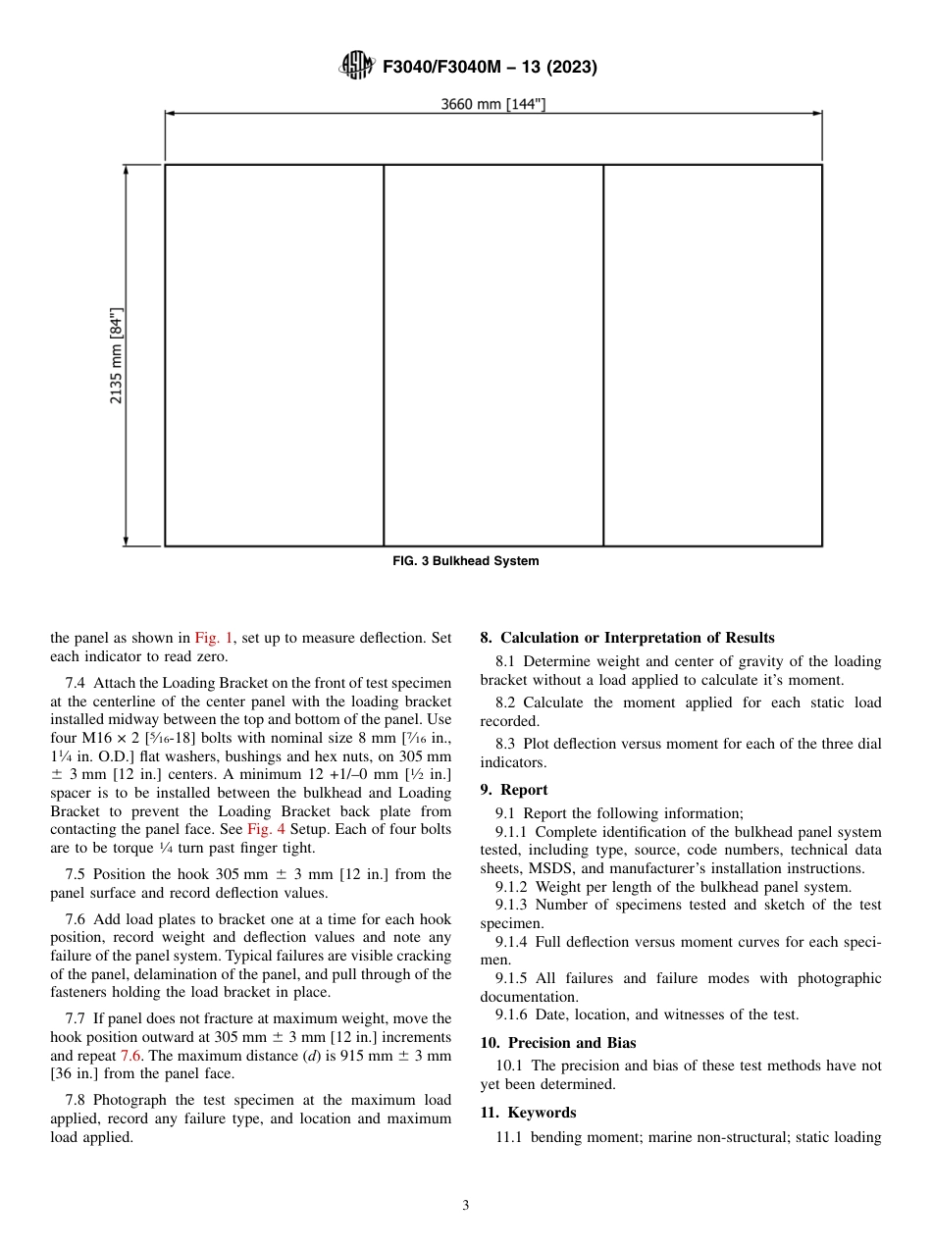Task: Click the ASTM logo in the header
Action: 356,67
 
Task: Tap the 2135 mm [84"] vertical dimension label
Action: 116,355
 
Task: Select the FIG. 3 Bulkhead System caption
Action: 466,561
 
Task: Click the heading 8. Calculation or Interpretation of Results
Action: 627,638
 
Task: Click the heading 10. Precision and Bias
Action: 558,1042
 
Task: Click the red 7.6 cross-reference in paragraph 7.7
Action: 130,1056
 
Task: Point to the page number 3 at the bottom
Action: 466,1206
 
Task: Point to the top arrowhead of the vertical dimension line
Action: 126,170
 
